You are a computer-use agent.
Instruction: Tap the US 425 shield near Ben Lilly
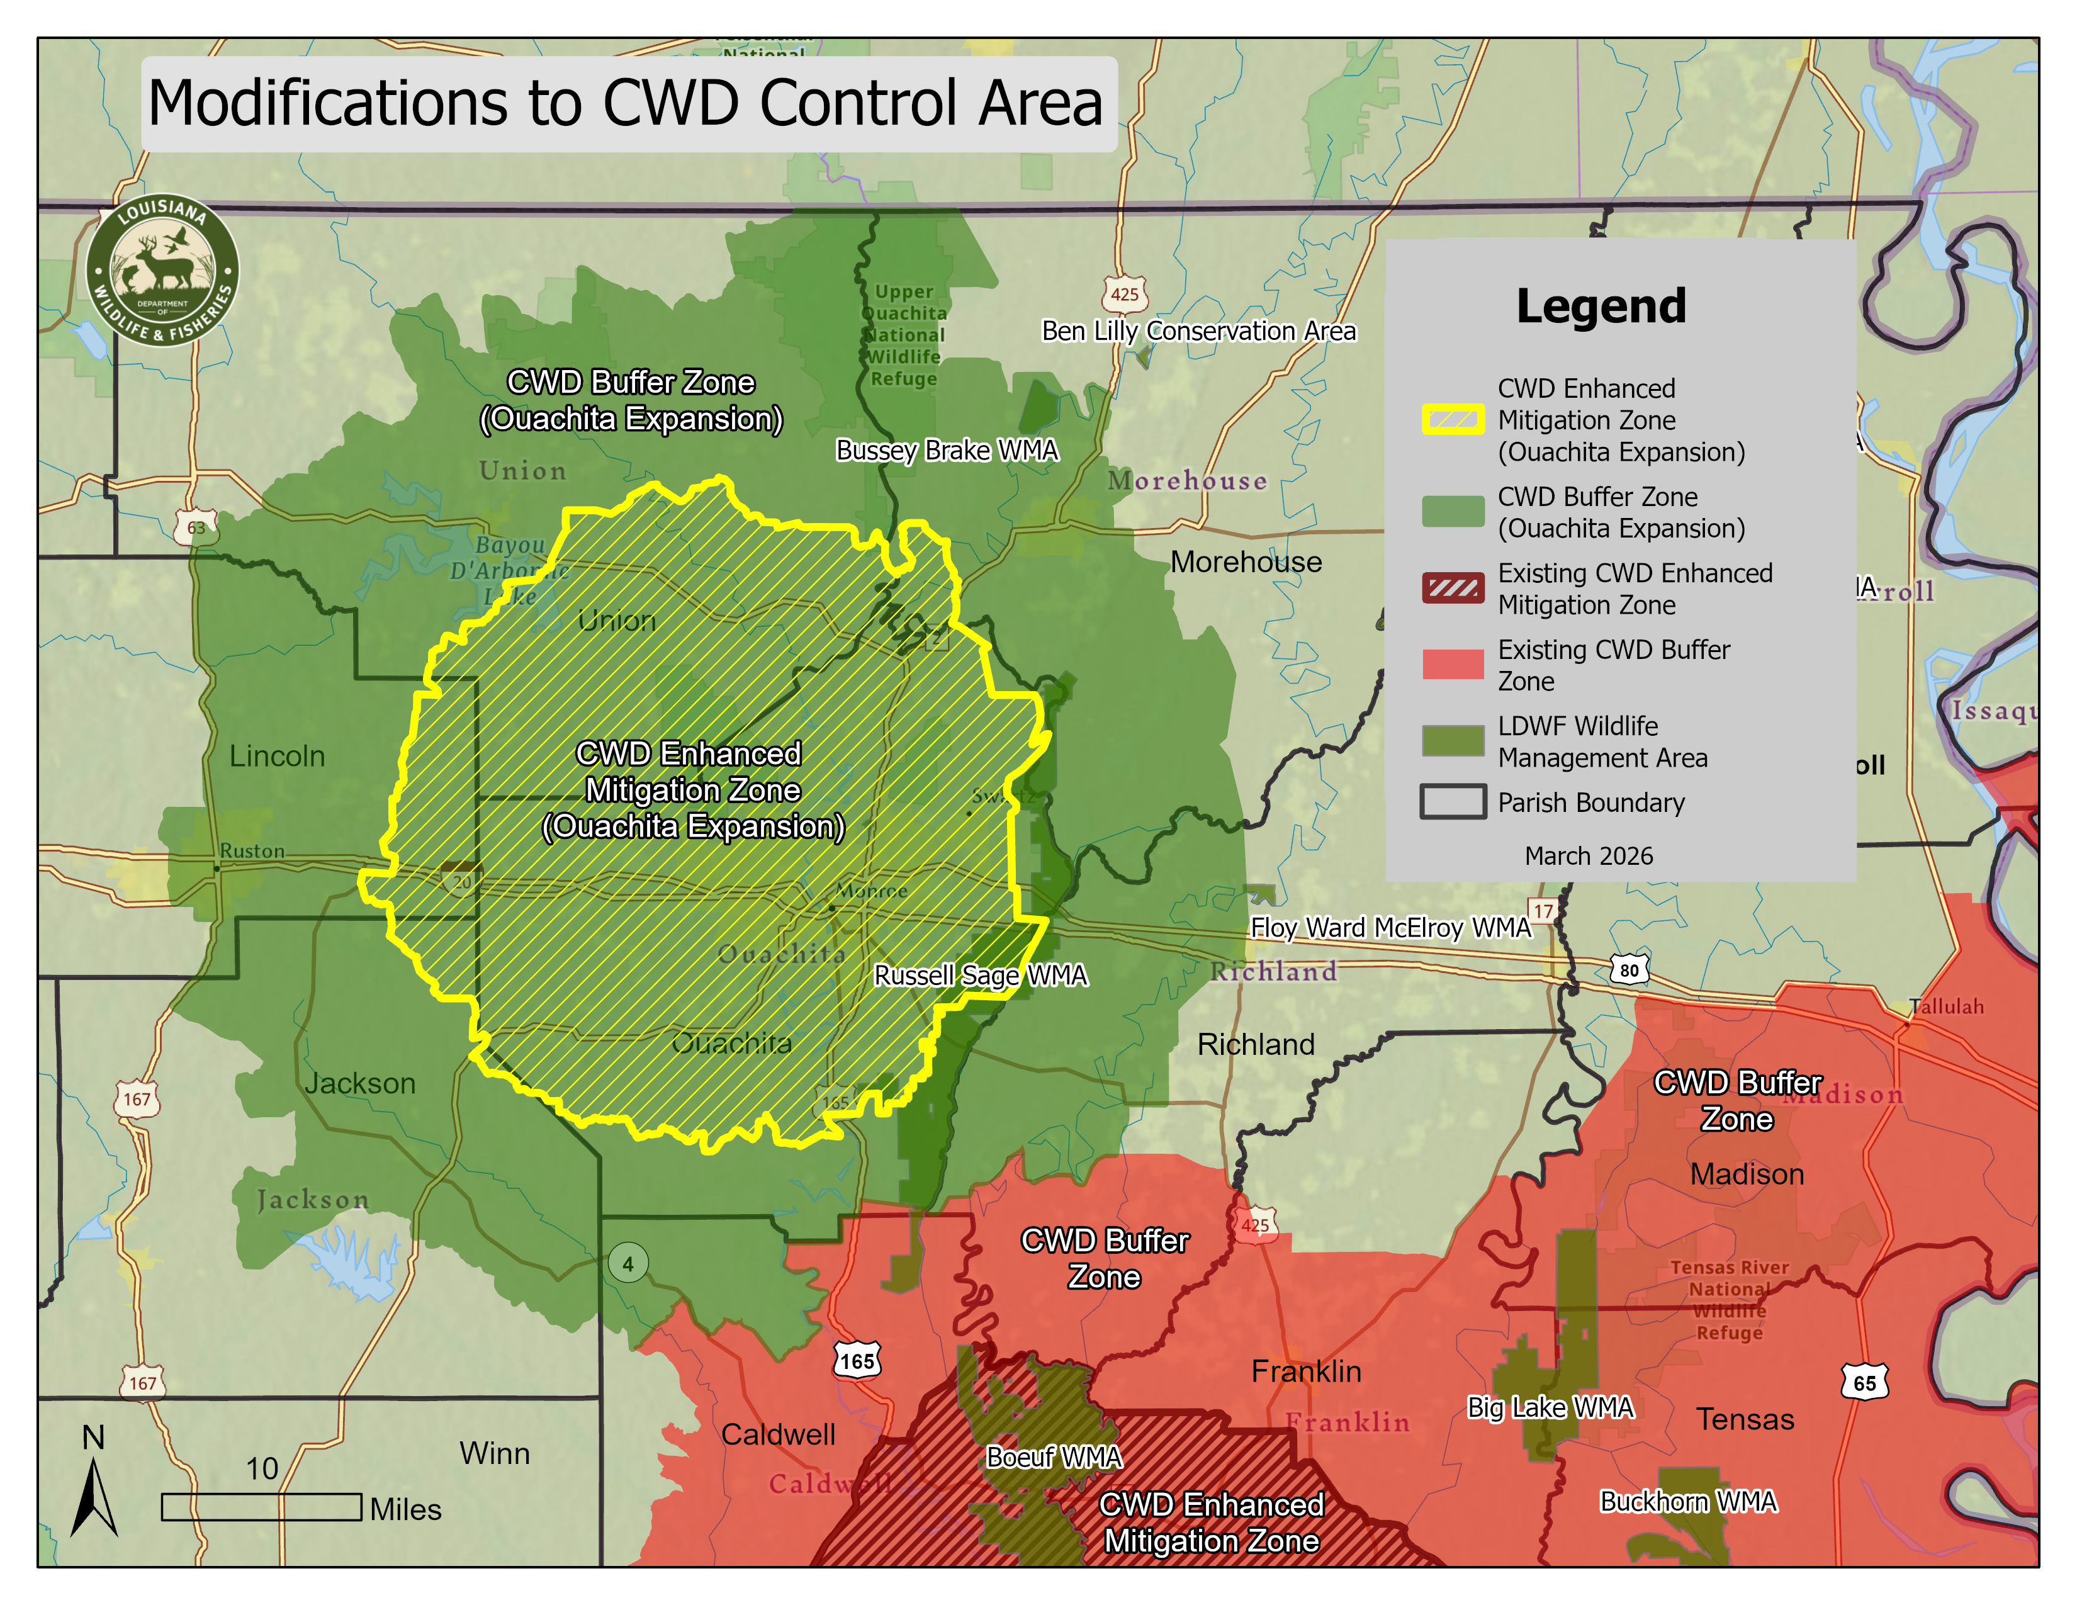pyautogui.click(x=1124, y=294)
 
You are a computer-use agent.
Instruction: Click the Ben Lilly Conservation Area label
pyautogui.click(x=1198, y=331)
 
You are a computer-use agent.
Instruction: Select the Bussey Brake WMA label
pyautogui.click(x=946, y=450)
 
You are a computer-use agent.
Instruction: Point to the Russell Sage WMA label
pyautogui.click(x=979, y=976)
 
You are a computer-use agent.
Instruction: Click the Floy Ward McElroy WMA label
pyautogui.click(x=1390, y=927)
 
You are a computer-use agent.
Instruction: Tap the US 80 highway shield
pyautogui.click(x=1629, y=970)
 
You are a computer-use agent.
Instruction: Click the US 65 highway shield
pyautogui.click(x=1864, y=1383)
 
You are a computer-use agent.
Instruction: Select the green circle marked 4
pyautogui.click(x=628, y=1264)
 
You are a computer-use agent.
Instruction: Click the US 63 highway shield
pyautogui.click(x=196, y=527)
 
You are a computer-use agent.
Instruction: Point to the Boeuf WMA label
pyautogui.click(x=1054, y=1456)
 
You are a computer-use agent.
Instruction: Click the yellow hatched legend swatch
pyautogui.click(x=1452, y=419)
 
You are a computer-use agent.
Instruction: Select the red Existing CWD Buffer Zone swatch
pyautogui.click(x=1452, y=663)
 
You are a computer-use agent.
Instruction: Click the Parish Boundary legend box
pyautogui.click(x=1452, y=801)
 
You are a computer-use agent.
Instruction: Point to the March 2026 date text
pyautogui.click(x=1588, y=856)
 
